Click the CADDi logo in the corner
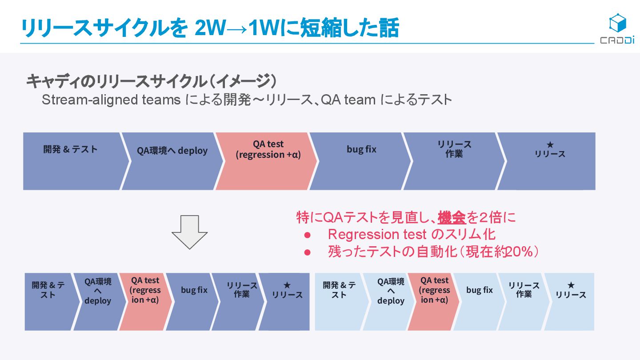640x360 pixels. point(617,29)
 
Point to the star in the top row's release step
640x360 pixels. point(550,145)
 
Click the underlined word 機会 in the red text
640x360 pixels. point(452,218)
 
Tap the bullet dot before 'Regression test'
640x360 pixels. point(307,235)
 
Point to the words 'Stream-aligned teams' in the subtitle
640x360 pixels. point(111,100)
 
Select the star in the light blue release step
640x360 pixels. point(571,285)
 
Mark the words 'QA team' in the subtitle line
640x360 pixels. point(348,100)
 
